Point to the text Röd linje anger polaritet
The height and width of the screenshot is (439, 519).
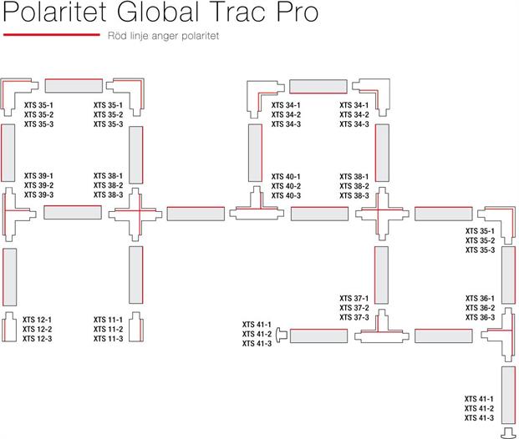coord(163,37)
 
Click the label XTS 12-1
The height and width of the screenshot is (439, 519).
coord(38,320)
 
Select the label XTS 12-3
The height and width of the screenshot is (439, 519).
coord(38,339)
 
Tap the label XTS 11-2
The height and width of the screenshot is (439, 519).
coord(108,329)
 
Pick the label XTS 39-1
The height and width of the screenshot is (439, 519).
coord(38,175)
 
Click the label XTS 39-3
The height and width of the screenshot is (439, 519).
coord(38,194)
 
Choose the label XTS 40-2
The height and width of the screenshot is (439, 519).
coord(286,185)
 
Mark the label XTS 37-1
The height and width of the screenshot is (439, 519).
coord(354,298)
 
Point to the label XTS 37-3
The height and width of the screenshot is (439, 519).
coord(354,317)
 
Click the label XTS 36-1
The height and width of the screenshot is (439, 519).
coord(480,298)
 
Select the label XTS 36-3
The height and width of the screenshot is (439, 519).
coord(480,317)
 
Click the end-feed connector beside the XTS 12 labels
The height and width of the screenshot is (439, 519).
coord(8,327)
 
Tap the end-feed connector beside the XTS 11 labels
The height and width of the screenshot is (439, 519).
coord(136,327)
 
